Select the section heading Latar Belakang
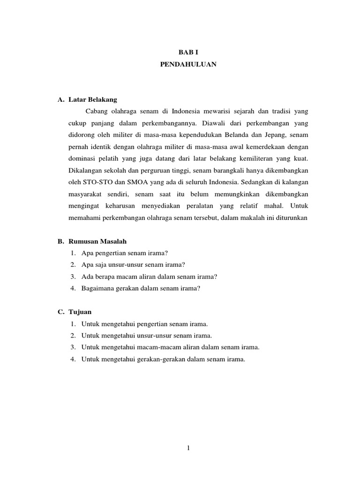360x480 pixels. (x=92, y=100)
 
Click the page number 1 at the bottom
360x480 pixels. (x=188, y=448)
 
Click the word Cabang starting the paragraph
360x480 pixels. (x=96, y=112)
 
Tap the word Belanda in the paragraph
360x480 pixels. (x=237, y=135)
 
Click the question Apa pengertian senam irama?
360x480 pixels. (x=124, y=253)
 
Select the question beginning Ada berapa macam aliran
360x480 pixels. (x=149, y=277)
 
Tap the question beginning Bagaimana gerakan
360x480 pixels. (x=141, y=288)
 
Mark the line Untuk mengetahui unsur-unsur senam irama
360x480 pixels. (x=147, y=336)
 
